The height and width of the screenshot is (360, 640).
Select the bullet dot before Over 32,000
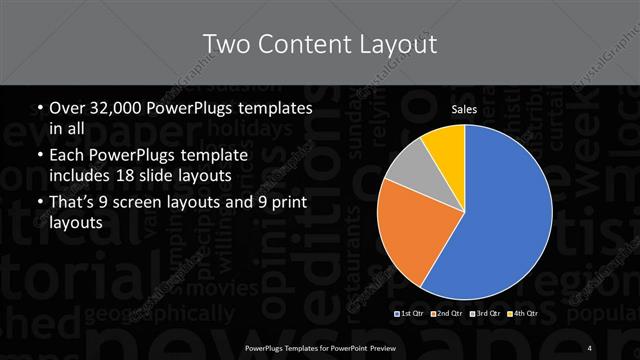(x=38, y=108)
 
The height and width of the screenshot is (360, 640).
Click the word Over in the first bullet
(x=66, y=108)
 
